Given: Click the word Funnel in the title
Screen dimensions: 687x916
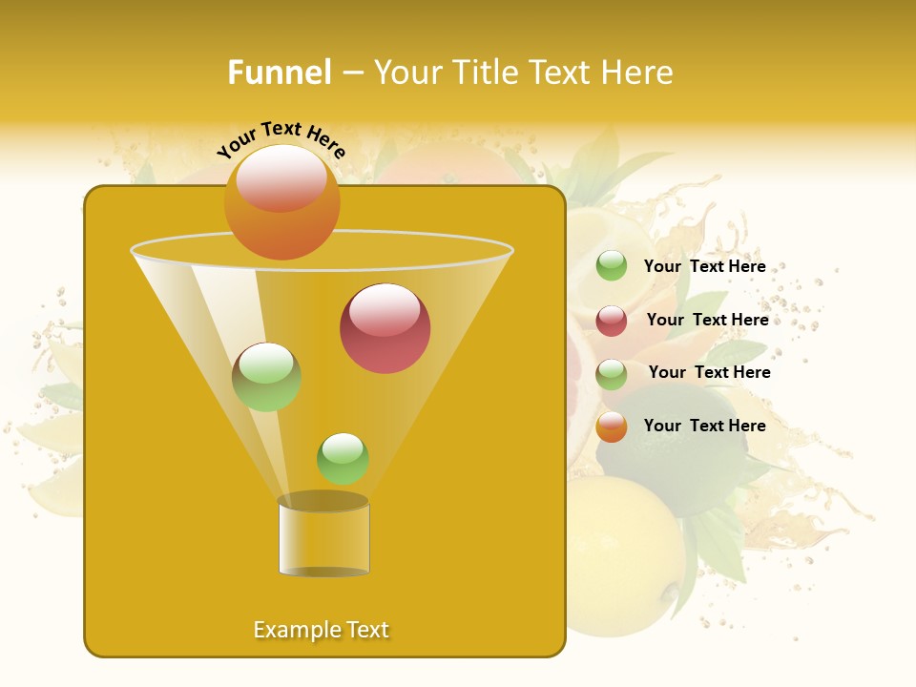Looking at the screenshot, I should pyautogui.click(x=280, y=73).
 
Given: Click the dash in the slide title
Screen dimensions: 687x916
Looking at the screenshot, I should pyautogui.click(x=351, y=73).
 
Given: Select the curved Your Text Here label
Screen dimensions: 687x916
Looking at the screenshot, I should pyautogui.click(x=281, y=139).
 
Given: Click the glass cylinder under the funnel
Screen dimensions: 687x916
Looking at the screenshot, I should pyautogui.click(x=323, y=539).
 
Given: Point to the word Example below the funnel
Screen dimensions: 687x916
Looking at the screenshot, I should pyautogui.click(x=296, y=630).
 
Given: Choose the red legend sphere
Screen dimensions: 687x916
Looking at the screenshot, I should pyautogui.click(x=612, y=321).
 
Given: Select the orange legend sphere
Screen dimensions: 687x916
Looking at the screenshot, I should pyautogui.click(x=612, y=427).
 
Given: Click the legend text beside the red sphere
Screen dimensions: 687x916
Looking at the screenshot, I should pyautogui.click(x=707, y=320).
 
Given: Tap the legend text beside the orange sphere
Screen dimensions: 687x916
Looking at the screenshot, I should pyautogui.click(x=704, y=426).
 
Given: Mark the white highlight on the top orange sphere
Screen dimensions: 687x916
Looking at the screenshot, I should pyautogui.click(x=281, y=177).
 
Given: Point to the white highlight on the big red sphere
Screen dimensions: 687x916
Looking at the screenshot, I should pyautogui.click(x=385, y=310).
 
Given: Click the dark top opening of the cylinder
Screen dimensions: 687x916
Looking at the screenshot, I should pyautogui.click(x=323, y=501).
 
